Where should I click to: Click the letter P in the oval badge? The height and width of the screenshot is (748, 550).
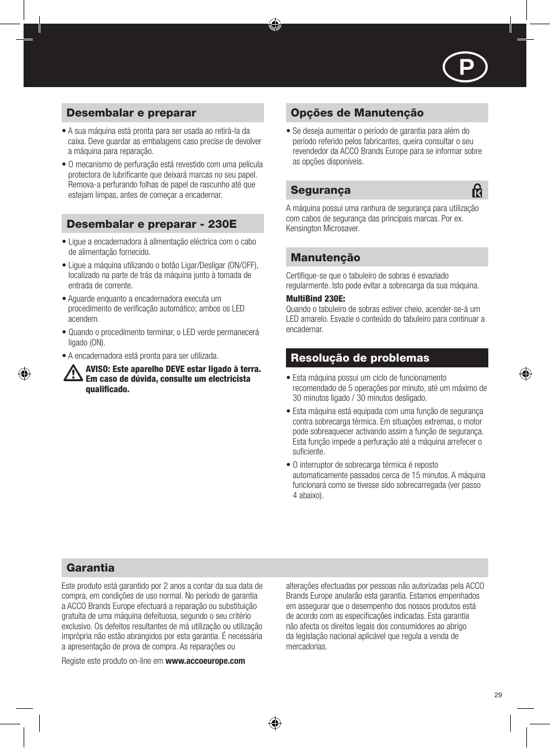465,68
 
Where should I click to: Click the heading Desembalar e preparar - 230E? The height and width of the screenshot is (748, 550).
152,224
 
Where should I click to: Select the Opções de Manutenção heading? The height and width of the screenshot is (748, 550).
357,113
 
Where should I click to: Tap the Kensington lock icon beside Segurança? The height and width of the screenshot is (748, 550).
477,190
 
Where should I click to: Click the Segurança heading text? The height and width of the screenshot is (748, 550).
321,190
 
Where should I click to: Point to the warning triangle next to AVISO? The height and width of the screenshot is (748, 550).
73,374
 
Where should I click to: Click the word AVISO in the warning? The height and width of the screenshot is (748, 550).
97,369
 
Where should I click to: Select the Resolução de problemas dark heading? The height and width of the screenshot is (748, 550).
360,358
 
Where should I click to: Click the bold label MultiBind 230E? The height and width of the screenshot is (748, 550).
315,299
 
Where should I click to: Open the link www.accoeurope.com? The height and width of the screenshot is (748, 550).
205,661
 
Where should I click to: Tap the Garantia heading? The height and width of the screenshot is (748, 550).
91,568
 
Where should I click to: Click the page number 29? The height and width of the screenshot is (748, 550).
498,695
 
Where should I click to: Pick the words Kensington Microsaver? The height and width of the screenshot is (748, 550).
322,228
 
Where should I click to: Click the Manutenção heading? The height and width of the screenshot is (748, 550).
325,258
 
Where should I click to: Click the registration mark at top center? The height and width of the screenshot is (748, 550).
275,24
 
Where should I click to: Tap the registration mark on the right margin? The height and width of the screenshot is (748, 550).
525,374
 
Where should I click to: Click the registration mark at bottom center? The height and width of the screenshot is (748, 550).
275,723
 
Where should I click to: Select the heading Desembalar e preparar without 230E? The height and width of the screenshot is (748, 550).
131,113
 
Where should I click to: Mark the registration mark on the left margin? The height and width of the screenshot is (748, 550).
24,374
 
